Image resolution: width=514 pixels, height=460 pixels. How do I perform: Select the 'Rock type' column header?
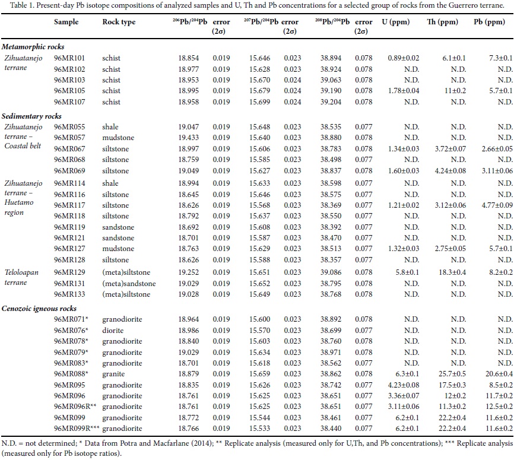click(x=119, y=22)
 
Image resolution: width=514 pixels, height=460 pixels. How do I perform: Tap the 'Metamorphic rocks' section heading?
click(x=33, y=46)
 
